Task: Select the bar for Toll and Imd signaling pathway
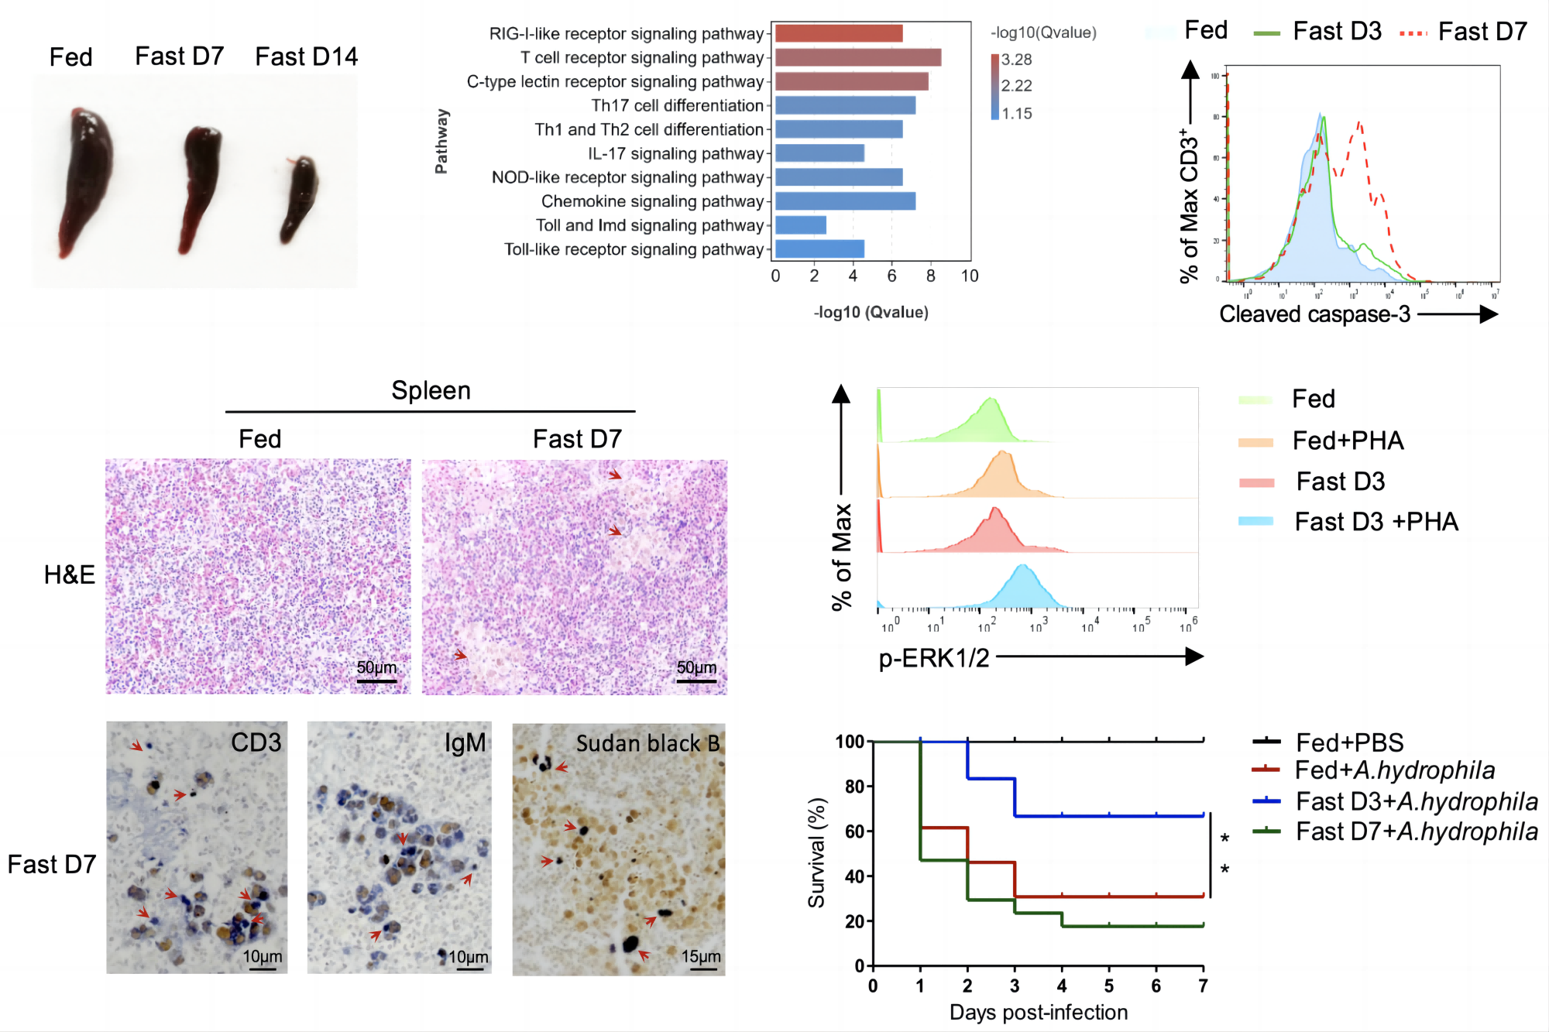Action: [x=801, y=225]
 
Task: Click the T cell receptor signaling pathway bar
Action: [x=858, y=57]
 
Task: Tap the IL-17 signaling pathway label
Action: [x=675, y=154]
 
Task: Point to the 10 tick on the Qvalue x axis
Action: [x=970, y=276]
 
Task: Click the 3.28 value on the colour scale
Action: [x=1016, y=60]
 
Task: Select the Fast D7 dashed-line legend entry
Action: [x=1464, y=32]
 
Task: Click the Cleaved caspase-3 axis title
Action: [x=1314, y=314]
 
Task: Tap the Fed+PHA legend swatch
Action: [x=1255, y=442]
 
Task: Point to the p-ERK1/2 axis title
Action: [x=933, y=658]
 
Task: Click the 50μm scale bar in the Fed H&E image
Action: [x=376, y=681]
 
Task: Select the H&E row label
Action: [x=69, y=574]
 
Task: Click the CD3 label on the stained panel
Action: [x=256, y=742]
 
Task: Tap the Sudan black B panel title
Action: [x=647, y=743]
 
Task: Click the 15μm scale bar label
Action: [x=701, y=957]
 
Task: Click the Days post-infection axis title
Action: [x=1038, y=1013]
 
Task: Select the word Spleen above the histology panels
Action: [x=431, y=391]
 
